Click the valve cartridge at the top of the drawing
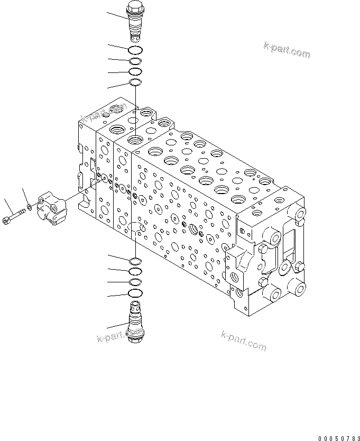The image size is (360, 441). (135, 23)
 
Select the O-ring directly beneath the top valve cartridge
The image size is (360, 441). (135, 50)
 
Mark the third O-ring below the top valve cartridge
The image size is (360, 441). (135, 71)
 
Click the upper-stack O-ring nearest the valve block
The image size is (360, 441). (135, 82)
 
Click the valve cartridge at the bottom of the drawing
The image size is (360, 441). (135, 323)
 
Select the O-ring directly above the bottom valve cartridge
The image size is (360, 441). (135, 293)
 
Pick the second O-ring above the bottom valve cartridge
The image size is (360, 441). (135, 282)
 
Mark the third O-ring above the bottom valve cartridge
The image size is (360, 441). (135, 271)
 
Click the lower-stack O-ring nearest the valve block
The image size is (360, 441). (135, 260)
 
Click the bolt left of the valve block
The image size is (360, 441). (14, 216)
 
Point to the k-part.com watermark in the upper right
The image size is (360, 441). (287, 50)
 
